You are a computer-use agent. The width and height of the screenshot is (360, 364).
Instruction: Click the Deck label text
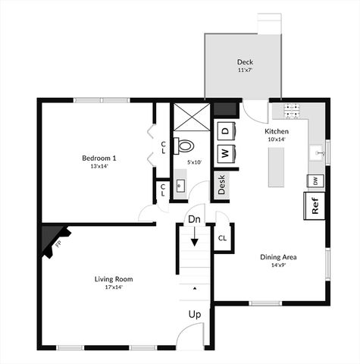click(x=244, y=61)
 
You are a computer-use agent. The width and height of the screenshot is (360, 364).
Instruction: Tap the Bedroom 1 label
click(x=99, y=158)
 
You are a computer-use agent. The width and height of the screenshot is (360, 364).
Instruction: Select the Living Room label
click(x=114, y=279)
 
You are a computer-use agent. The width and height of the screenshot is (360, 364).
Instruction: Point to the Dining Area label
click(x=278, y=257)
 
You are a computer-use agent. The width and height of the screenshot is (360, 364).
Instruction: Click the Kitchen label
click(x=276, y=131)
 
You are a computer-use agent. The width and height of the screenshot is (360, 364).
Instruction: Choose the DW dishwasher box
click(x=312, y=180)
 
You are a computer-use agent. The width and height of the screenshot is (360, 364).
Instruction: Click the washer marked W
click(x=225, y=152)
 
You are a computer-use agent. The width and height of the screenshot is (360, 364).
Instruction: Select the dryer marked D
click(x=225, y=130)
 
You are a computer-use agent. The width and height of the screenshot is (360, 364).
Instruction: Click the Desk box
click(x=222, y=184)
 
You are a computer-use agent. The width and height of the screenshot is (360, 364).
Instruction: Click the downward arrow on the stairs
click(x=194, y=237)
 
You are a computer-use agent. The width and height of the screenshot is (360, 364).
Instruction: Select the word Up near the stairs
click(x=195, y=313)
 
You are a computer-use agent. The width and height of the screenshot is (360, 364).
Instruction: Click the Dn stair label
click(x=194, y=220)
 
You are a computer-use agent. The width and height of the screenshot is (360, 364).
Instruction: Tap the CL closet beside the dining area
click(x=222, y=238)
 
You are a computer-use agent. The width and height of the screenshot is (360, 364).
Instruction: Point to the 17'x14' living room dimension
click(x=114, y=287)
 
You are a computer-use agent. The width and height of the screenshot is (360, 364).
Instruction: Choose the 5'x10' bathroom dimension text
click(x=195, y=162)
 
